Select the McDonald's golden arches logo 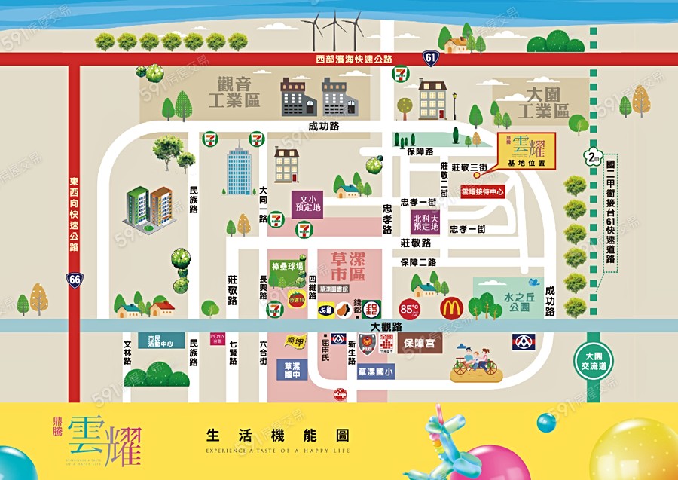[450, 308]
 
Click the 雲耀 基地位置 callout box [526, 150]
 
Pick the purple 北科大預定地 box [426, 222]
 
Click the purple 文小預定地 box [307, 203]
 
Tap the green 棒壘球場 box [288, 266]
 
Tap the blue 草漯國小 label [375, 372]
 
